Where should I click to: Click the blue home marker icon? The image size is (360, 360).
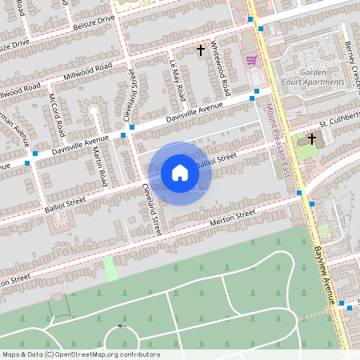(x=180, y=173)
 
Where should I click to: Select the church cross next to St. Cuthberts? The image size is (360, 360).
(x=311, y=138)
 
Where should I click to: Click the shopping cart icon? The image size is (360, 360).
(x=251, y=60)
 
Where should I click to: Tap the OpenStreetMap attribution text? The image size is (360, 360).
(x=80, y=354)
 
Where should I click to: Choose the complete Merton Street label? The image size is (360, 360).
(x=232, y=216)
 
